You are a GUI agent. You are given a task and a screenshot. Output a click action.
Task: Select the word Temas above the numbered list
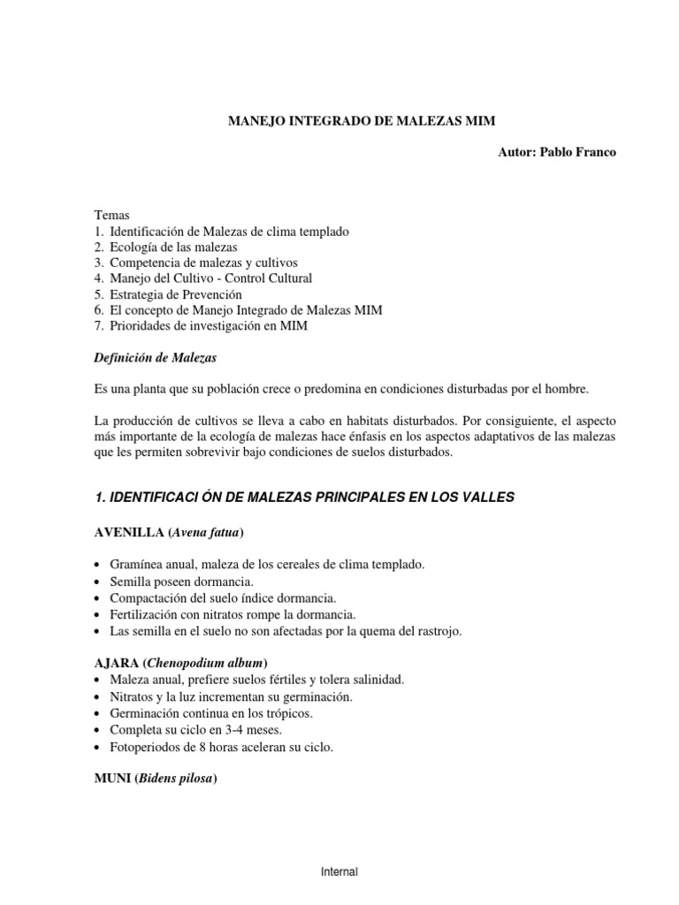click(111, 215)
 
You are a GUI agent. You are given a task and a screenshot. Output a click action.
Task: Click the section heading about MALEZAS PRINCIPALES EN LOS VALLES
click(303, 498)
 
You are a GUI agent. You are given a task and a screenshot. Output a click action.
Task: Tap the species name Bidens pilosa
click(176, 779)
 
